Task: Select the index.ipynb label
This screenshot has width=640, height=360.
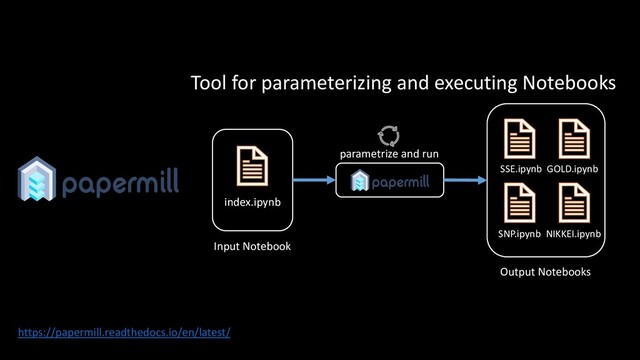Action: (252, 203)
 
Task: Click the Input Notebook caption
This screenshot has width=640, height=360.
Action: (252, 246)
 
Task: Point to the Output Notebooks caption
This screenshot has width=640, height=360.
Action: (544, 271)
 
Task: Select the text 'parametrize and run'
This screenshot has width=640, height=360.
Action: (389, 155)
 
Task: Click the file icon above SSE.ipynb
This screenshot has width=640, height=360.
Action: (520, 139)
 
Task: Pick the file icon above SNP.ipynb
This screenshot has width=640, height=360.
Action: (520, 203)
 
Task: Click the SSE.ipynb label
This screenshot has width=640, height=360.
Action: (520, 169)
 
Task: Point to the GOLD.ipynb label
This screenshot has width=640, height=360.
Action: (572, 169)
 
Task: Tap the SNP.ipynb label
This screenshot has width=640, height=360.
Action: (519, 233)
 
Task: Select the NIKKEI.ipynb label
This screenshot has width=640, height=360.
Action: (573, 233)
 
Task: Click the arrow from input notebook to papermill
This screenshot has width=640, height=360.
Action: (313, 181)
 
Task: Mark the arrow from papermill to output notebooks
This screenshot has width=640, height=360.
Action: (463, 181)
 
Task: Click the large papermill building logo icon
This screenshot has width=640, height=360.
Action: (36, 179)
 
